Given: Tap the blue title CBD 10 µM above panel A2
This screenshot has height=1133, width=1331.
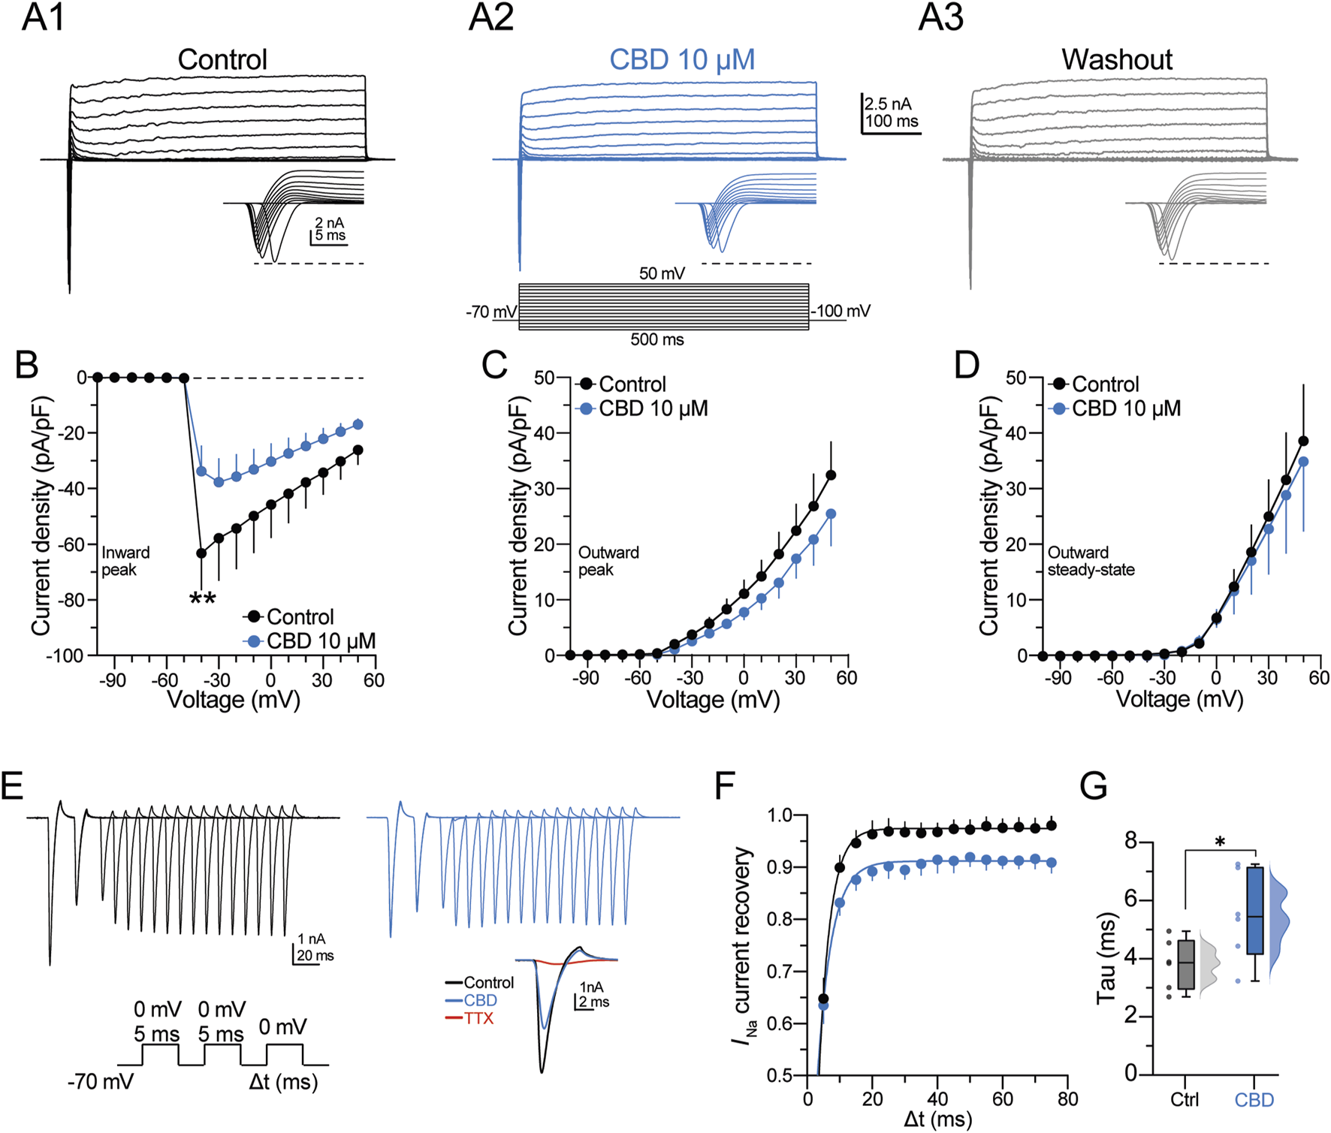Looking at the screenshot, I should pos(681,59).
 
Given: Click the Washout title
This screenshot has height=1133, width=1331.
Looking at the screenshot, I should pos(1116,59).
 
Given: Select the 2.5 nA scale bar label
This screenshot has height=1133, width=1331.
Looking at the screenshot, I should pos(888,104).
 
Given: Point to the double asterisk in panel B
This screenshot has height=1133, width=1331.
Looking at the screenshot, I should pos(203,598).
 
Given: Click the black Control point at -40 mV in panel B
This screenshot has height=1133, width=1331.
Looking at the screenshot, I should pos(201,553).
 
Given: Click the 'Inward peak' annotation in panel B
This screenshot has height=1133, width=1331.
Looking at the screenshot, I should pos(125,561).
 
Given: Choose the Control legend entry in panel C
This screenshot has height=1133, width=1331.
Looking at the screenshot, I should pos(632,384).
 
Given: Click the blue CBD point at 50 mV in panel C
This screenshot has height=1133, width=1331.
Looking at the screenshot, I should pos(831,514).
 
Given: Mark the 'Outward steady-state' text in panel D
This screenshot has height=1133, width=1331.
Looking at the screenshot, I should pos(1091,561).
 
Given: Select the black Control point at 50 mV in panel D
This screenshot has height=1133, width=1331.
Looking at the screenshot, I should pos(1303,441).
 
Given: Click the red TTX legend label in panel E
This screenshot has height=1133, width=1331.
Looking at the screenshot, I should pos(478,1019).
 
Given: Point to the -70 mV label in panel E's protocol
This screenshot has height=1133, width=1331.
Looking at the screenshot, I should pos(100,1082).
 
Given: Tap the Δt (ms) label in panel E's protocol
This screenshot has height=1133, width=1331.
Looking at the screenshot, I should pos(283,1082).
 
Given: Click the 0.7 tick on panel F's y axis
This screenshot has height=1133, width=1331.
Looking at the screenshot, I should pos(782,972).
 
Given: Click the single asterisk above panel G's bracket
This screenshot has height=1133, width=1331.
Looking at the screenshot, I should pos(1220,842).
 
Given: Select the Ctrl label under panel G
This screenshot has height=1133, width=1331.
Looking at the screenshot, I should pos(1185,1100).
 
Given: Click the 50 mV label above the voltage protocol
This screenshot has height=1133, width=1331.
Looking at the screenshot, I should pos(662,273).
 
